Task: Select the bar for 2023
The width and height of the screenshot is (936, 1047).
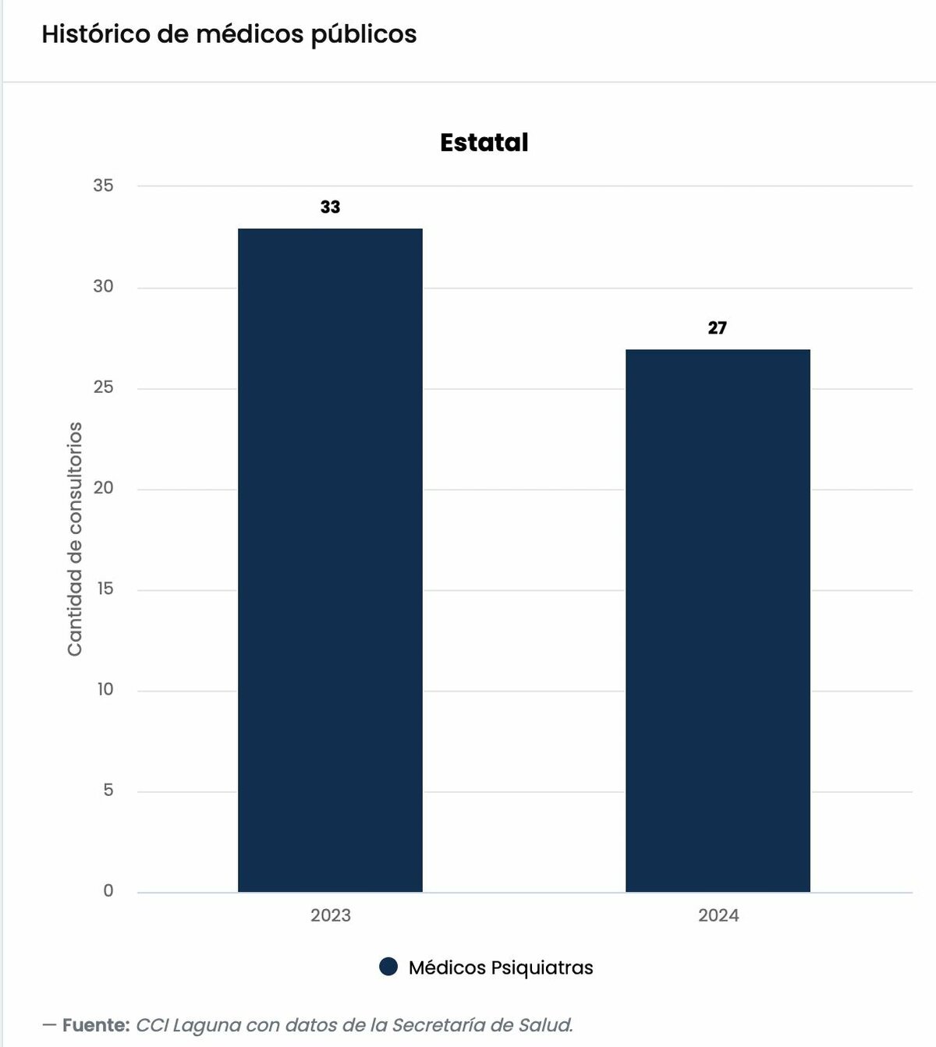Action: coord(330,561)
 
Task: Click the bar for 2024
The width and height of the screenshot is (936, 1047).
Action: coord(718,621)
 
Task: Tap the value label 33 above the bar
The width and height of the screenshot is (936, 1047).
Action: coord(331,207)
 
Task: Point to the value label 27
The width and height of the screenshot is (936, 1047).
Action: coord(718,327)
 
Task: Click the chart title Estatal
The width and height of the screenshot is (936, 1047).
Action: coord(484,142)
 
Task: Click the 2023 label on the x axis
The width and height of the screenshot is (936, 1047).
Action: coord(331,916)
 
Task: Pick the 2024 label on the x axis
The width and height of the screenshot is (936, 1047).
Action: coord(718,916)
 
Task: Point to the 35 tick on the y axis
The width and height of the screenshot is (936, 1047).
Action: coord(103,186)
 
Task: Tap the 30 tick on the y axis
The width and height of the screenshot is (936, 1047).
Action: coord(103,286)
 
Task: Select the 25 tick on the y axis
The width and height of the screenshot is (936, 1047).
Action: coord(103,387)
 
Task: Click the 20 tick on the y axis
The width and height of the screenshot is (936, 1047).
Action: coord(103,488)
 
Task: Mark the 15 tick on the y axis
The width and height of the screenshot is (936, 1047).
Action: coord(105,589)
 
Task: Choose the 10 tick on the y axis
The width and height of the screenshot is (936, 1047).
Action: coord(105,689)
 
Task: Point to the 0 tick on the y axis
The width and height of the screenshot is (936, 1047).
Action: coord(108,891)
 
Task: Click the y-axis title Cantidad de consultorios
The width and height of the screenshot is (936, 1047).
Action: coord(75,539)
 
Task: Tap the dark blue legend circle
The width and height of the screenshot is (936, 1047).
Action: coord(388,967)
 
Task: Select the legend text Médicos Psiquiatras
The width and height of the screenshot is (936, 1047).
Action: coord(501,968)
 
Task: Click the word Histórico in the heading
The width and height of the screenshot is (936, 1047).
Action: coord(96,34)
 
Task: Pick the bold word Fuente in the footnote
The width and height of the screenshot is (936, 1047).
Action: coord(96,1025)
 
